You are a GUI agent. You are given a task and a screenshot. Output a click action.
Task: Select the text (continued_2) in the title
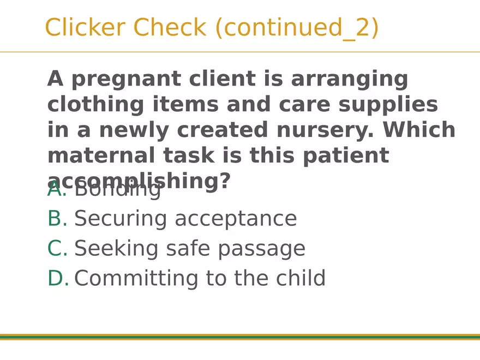pos(297,28)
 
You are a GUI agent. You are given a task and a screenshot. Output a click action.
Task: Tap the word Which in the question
pos(419,130)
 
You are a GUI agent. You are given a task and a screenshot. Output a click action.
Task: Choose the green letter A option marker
pos(56,190)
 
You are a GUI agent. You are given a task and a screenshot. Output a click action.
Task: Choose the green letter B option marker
pos(57,219)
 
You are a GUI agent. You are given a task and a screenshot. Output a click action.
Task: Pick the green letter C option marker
pos(57,249)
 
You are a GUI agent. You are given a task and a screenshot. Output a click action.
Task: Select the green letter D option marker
pos(57,278)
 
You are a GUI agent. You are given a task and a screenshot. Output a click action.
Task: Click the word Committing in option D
pos(136,279)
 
